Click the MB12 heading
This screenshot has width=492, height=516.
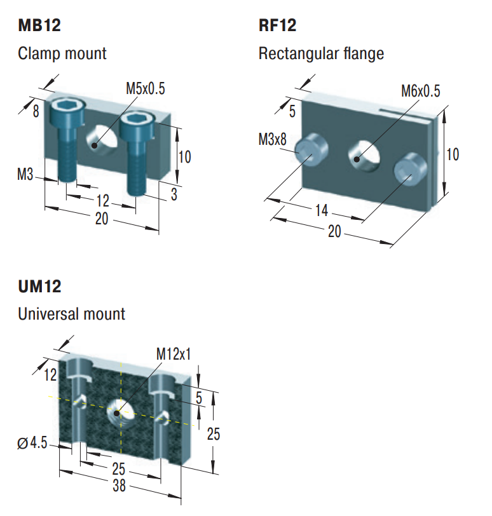pyautogui.click(x=39, y=26)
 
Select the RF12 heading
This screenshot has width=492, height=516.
pyautogui.click(x=277, y=26)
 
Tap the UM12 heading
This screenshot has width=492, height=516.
pyautogui.click(x=39, y=287)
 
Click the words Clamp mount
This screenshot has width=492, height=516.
pyautogui.click(x=62, y=53)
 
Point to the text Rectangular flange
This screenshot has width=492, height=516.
pyautogui.click(x=321, y=53)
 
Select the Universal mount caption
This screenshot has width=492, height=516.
pyautogui.click(x=72, y=314)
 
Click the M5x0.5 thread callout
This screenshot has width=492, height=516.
pyautogui.click(x=145, y=89)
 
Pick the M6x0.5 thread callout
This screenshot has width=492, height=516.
pyautogui.click(x=420, y=91)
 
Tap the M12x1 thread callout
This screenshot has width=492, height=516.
pyautogui.click(x=174, y=354)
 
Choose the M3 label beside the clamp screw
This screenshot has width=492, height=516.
pyautogui.click(x=25, y=173)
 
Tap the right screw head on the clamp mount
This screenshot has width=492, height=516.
pyautogui.click(x=135, y=118)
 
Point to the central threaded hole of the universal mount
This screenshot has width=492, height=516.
pyautogui.click(x=119, y=411)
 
